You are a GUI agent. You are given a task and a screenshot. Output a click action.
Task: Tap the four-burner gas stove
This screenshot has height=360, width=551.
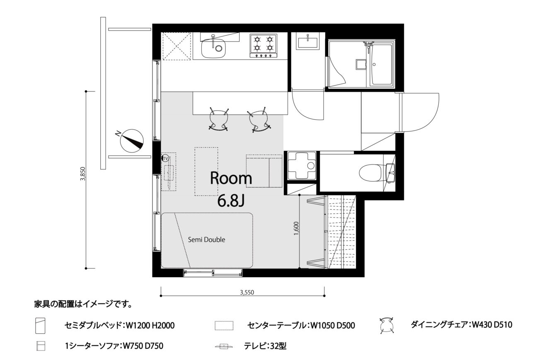click(x=263, y=46)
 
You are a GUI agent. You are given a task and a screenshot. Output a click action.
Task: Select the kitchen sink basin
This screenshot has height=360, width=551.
click(x=213, y=48)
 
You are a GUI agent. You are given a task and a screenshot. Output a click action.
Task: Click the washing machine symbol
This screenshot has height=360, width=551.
click(x=302, y=166)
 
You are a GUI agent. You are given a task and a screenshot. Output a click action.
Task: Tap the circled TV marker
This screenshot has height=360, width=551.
click(x=165, y=159)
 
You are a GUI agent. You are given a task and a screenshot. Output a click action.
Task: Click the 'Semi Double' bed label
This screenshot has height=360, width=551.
click(x=206, y=239)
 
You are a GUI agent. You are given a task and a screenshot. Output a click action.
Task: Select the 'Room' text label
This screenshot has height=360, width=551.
click(x=231, y=178)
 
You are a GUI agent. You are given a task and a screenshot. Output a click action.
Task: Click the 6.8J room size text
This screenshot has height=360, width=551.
click(x=231, y=201)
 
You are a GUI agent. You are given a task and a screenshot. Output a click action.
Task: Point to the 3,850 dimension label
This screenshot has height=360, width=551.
click(x=83, y=174)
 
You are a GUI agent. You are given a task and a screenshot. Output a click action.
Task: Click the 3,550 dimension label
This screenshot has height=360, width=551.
click(x=247, y=292)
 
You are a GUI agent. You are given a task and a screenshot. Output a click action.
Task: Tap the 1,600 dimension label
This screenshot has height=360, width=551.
click(x=296, y=228)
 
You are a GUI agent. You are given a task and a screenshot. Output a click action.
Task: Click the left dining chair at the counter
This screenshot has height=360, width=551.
click(x=218, y=119)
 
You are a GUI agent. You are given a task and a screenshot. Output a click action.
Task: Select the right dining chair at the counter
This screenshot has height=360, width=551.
click(x=259, y=120)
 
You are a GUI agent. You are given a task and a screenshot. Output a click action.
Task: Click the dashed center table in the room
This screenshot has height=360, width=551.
click(x=206, y=172)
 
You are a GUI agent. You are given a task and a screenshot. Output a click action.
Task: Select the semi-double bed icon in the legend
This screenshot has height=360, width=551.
click(x=40, y=326)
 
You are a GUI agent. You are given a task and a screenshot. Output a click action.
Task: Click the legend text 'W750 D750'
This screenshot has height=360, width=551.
click(x=143, y=346)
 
